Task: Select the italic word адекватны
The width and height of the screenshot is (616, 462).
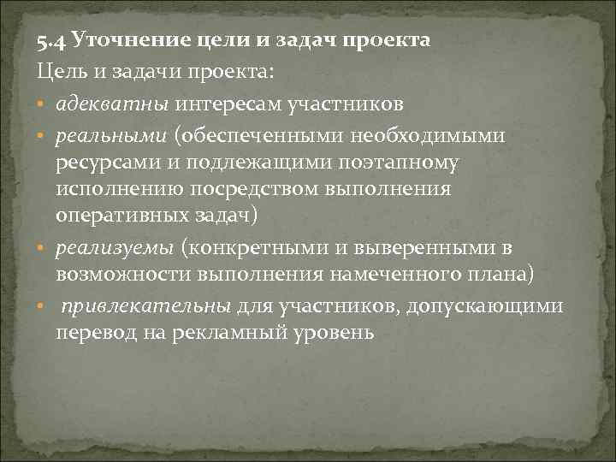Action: click(x=114, y=104)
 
